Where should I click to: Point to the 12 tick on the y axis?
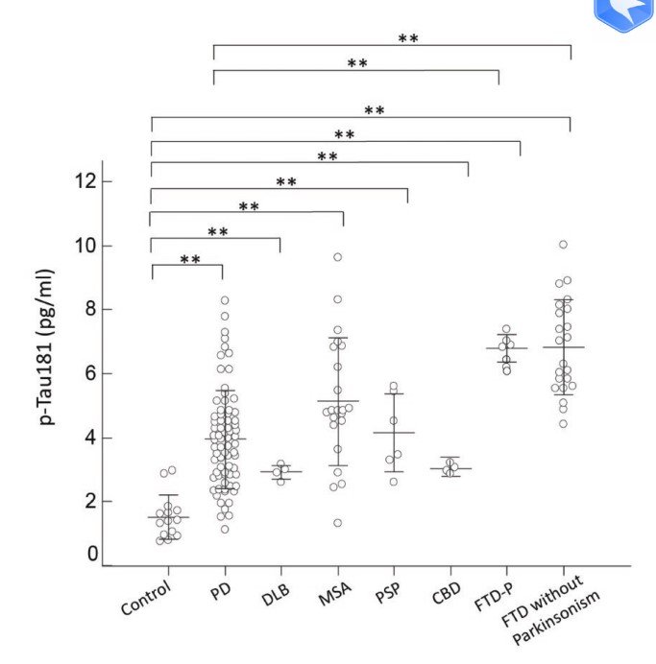click(x=87, y=181)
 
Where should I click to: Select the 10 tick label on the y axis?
click(x=87, y=246)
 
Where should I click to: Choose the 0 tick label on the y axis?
click(x=92, y=553)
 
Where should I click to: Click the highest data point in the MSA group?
click(x=337, y=257)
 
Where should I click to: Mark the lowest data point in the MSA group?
click(x=337, y=523)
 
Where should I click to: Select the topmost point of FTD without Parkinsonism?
click(x=563, y=245)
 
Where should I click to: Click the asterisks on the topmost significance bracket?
click(x=408, y=38)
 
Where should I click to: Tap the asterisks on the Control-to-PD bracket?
click(x=190, y=260)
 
